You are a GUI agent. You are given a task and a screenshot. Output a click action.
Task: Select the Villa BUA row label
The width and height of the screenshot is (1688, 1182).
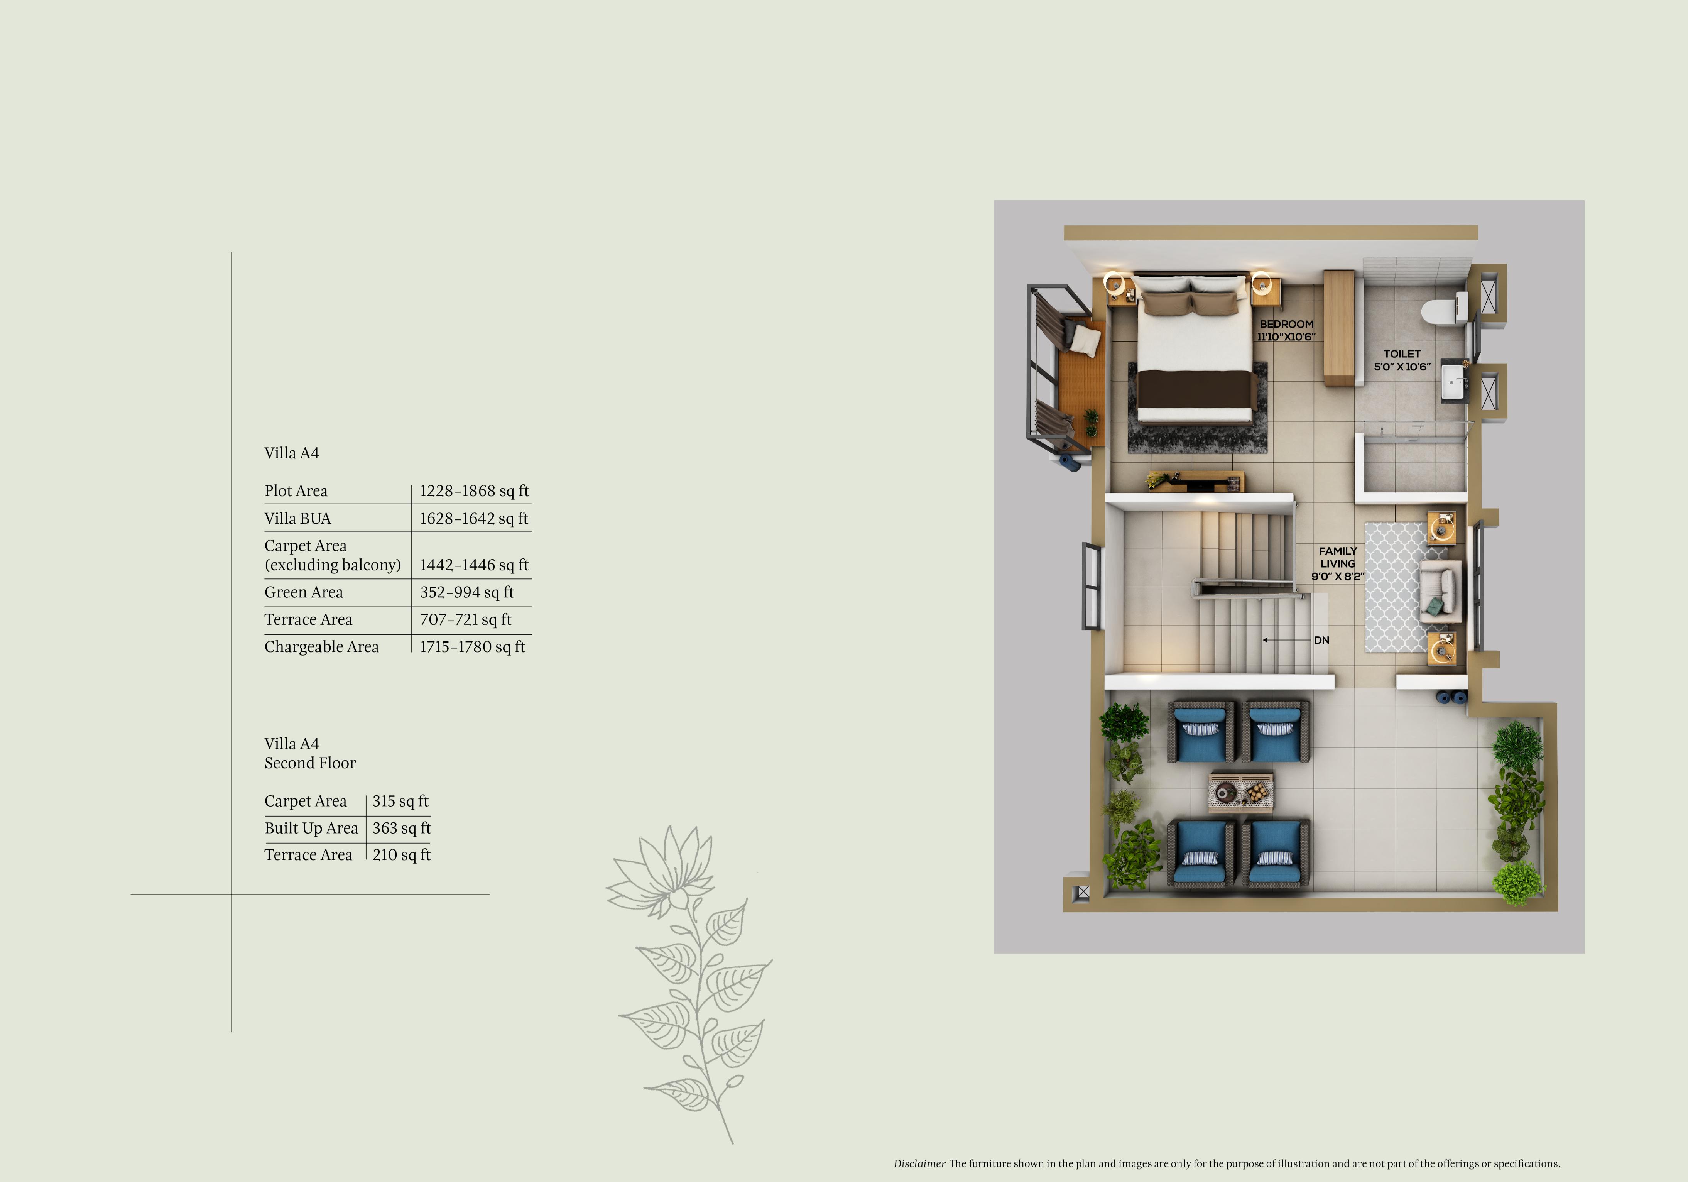click(298, 519)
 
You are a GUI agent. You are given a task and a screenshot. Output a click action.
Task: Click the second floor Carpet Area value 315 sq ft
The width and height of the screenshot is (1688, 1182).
click(400, 801)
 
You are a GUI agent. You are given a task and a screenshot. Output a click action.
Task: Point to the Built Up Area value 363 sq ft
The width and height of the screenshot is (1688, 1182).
click(401, 828)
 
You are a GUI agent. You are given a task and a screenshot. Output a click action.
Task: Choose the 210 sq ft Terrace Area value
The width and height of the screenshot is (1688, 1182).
click(401, 855)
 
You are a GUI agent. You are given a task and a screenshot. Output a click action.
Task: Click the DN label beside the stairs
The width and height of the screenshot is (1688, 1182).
click(1321, 640)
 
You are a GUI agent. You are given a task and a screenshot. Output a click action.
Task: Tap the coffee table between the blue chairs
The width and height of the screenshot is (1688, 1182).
click(1241, 792)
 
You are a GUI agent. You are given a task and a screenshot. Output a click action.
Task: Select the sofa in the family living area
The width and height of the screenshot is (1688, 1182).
click(1439, 591)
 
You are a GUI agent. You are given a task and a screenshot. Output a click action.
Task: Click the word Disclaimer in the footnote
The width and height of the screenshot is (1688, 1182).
click(919, 1163)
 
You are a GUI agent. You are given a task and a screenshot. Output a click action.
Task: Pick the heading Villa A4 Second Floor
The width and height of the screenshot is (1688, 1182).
click(309, 753)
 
